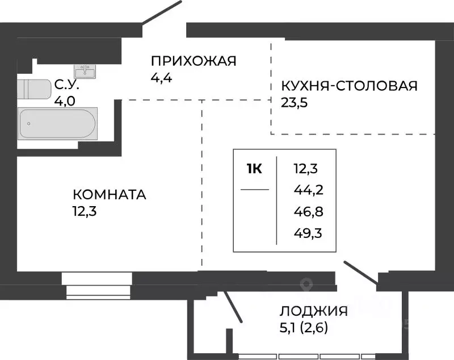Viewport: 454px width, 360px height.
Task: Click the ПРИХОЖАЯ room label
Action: (193, 61)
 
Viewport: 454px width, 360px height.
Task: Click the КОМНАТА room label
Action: (110, 195)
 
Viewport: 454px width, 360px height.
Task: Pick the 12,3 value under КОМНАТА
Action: (84, 211)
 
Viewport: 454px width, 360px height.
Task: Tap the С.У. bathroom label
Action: (66, 86)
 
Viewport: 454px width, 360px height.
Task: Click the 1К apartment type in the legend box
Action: (254, 168)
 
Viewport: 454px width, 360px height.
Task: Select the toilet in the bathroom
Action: (34, 90)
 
